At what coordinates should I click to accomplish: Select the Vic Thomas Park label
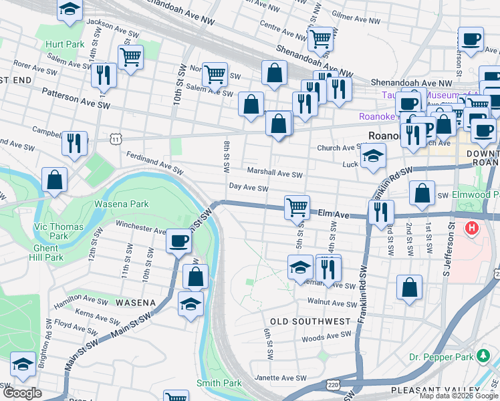coord(59,231)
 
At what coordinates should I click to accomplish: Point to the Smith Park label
coord(219,383)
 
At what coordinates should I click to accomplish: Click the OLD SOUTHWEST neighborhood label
coord(310,321)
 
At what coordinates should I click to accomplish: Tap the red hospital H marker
coord(472,229)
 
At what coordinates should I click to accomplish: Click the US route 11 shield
coord(116,138)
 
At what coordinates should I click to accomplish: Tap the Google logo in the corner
coord(22,393)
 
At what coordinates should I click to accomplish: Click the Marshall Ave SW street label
coord(275,173)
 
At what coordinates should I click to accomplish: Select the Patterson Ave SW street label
coord(75,98)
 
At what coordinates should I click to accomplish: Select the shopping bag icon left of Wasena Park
coord(54,179)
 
